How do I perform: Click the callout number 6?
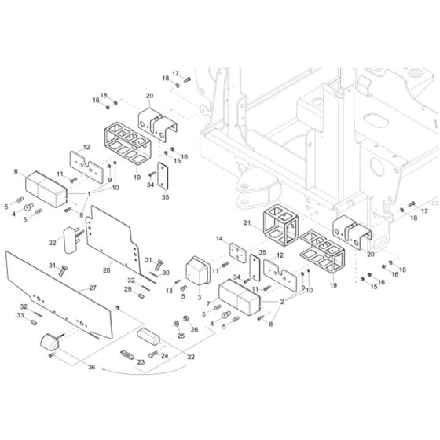(16, 171)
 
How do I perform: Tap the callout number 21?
(247, 223)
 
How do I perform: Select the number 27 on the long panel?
(93, 288)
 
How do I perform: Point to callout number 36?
(91, 367)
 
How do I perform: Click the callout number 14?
(219, 239)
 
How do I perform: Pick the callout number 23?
(141, 362)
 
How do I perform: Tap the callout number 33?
(20, 315)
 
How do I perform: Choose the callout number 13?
(169, 291)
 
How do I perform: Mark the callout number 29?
(128, 289)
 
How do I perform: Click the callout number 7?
(208, 303)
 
